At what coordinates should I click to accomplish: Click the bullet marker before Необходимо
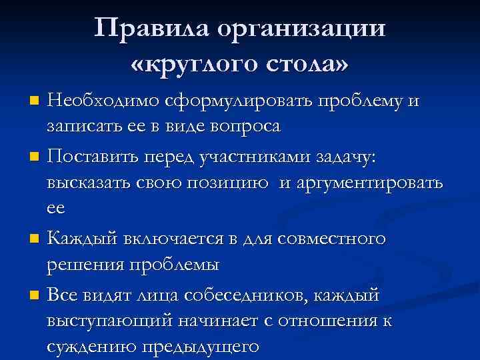click(x=37, y=101)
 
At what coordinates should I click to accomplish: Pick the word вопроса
click(x=241, y=125)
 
